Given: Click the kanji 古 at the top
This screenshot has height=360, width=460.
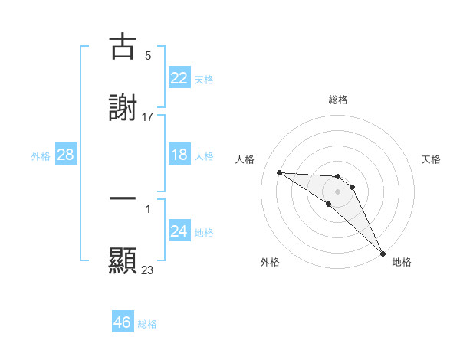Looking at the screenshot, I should click(x=123, y=47).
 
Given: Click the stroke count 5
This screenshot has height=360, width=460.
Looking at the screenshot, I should click(x=148, y=56).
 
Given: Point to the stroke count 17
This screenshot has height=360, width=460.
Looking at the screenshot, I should click(x=148, y=117).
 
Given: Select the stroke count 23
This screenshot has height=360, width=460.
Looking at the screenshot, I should click(x=148, y=270).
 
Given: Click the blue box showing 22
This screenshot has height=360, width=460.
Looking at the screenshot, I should click(x=179, y=78).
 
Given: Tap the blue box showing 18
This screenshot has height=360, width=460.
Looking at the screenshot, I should click(x=179, y=155).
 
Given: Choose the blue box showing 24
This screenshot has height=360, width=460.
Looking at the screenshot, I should click(x=179, y=232).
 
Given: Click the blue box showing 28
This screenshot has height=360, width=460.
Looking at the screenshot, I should click(x=66, y=155).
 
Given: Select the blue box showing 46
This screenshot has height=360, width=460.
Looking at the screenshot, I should click(x=123, y=322).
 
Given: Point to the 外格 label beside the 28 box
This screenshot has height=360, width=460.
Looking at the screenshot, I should click(x=41, y=156).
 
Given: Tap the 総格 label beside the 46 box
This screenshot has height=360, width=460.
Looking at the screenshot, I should click(x=147, y=324).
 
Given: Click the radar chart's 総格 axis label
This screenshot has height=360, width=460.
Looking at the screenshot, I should click(x=338, y=100).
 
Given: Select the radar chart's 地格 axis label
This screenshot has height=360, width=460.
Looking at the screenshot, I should click(x=402, y=263).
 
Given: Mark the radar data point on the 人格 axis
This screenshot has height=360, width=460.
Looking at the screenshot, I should click(x=279, y=172).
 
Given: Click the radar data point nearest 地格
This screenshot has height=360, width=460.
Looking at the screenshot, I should click(x=382, y=252).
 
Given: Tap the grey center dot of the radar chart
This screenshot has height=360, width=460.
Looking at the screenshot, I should click(x=337, y=191).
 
